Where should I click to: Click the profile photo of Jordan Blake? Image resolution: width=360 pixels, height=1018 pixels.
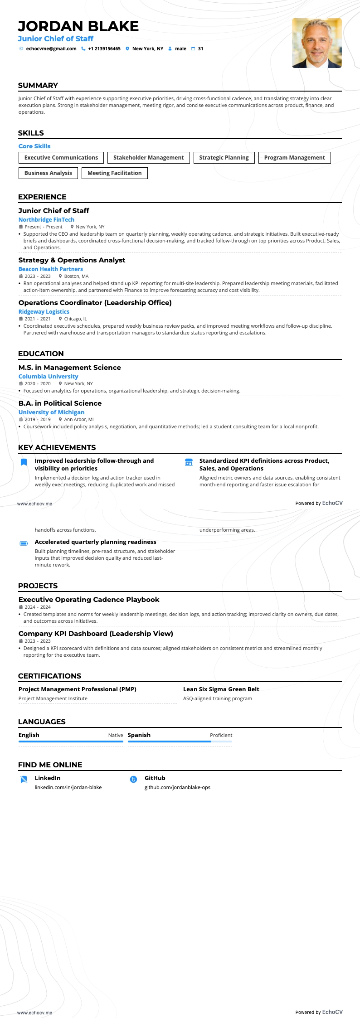pos(316,43)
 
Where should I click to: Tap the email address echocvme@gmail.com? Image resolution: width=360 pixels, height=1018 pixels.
pos(51,49)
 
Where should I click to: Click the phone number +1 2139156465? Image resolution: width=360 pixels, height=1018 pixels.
pos(104,49)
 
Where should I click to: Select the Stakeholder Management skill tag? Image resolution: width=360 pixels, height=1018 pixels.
pos(148,158)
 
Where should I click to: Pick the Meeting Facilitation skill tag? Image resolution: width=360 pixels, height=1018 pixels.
pos(114,173)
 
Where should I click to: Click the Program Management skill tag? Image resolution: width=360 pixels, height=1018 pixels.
pos(294,158)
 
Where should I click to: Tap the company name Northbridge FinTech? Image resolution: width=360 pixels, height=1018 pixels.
pos(46,220)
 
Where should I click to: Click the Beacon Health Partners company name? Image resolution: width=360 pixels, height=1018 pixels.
pos(50,269)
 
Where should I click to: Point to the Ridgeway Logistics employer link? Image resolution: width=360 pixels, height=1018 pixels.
pos(44,312)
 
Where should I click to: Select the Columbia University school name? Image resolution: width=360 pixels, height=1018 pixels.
pos(48,377)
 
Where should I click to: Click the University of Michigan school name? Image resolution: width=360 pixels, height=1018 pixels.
pos(51,412)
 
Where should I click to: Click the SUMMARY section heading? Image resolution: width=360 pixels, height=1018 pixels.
pos(38,86)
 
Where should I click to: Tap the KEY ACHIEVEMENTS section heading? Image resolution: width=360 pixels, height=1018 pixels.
pos(57,448)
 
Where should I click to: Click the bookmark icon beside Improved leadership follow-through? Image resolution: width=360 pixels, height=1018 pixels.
pos(24,462)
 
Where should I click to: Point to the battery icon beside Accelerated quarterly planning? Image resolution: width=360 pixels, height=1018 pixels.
pos(24,543)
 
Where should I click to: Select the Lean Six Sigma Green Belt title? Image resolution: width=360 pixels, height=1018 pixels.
pos(221,689)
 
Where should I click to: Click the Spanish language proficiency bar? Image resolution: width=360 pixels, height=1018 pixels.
pos(180,742)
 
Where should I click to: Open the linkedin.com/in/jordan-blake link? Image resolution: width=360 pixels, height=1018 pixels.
pos(68,787)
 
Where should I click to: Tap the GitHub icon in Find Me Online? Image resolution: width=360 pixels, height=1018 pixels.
pos(133,780)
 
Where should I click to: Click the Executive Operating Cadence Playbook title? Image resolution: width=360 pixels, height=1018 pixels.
pos(89,600)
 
